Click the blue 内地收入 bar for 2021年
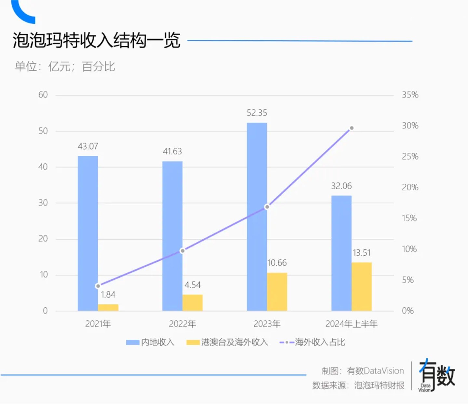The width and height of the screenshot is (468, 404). tap(88, 233)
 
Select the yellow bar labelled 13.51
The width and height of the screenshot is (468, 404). tap(361, 286)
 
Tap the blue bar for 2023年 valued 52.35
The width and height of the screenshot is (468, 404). tap(257, 217)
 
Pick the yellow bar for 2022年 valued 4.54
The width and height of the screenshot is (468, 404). tap(192, 303)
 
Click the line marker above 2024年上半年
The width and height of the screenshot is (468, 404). tap(351, 128)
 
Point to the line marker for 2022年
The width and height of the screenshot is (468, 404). tap(182, 250)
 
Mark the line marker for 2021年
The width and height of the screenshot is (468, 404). tap(98, 286)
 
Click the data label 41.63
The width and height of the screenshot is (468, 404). tap(172, 151)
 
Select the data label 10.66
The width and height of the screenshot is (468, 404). tap(277, 263)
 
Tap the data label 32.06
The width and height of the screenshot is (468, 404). tap(341, 186)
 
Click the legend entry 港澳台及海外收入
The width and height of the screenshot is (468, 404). tap(228, 342)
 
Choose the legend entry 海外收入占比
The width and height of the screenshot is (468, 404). tap(313, 342)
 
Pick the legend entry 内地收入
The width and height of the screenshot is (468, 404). tap(151, 342)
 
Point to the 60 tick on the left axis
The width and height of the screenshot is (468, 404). tap(43, 95)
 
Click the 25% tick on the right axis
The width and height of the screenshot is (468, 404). tap(410, 156)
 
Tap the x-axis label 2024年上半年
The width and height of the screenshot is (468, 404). tap(351, 324)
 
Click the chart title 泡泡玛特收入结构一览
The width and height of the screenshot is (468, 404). tap(96, 41)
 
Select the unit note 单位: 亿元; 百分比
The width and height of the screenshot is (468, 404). tap(65, 66)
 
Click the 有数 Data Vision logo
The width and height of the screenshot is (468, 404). tap(436, 376)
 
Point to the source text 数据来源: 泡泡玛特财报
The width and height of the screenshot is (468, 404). tap(358, 385)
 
